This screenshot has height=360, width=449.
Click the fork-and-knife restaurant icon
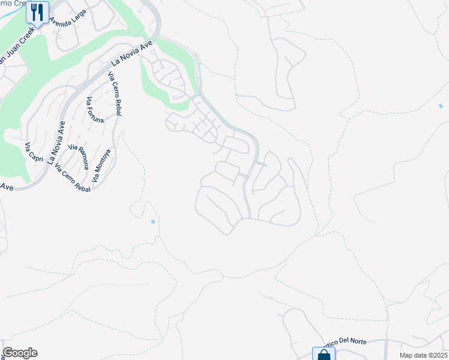tap(37, 11)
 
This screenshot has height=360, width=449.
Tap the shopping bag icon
tap(323, 353)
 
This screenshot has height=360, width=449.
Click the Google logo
tap(20, 353)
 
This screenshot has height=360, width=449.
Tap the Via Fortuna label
tap(95, 110)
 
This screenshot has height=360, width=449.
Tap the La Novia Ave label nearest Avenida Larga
tap(133, 53)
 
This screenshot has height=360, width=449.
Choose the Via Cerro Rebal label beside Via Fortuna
tap(113, 91)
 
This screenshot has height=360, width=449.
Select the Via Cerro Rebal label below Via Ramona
tap(72, 178)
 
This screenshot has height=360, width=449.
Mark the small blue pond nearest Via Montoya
tap(153, 222)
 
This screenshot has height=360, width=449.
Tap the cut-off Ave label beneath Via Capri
tap(6, 187)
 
